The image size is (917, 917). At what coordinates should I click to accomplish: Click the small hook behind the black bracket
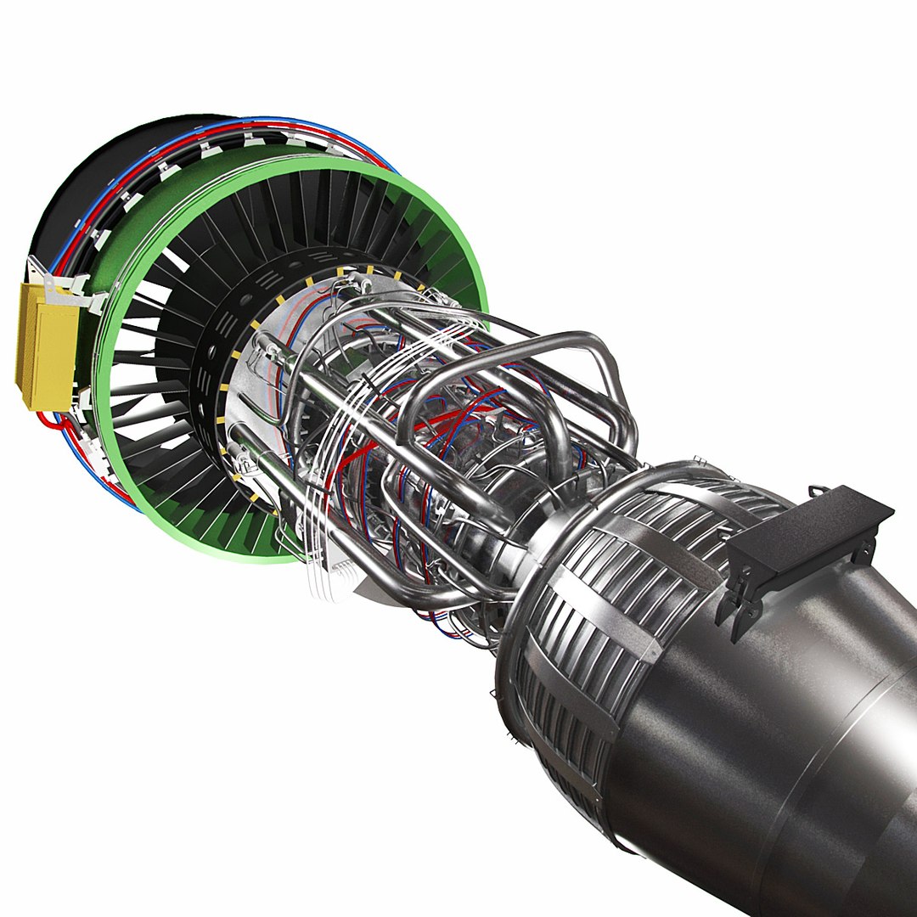pos(817,491)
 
